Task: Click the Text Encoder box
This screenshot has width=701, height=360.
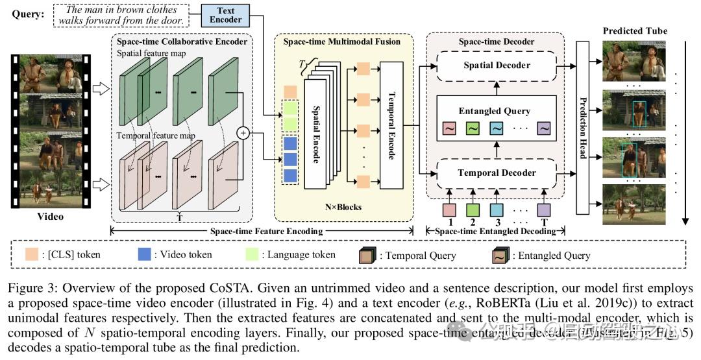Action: [227, 15]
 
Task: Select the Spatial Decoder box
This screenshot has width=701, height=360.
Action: [497, 65]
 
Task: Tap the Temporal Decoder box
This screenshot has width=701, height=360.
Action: [497, 173]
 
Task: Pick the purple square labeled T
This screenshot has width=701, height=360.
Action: [544, 210]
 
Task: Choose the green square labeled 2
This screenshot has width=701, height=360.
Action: [473, 210]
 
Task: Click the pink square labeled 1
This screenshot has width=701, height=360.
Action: [449, 210]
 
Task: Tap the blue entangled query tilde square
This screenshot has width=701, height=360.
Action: [497, 128]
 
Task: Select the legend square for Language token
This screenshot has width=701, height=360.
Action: [254, 255]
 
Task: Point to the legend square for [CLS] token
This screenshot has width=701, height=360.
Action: [30, 255]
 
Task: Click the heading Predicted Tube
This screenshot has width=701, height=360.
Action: [635, 30]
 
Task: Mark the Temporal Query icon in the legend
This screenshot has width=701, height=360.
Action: [368, 255]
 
